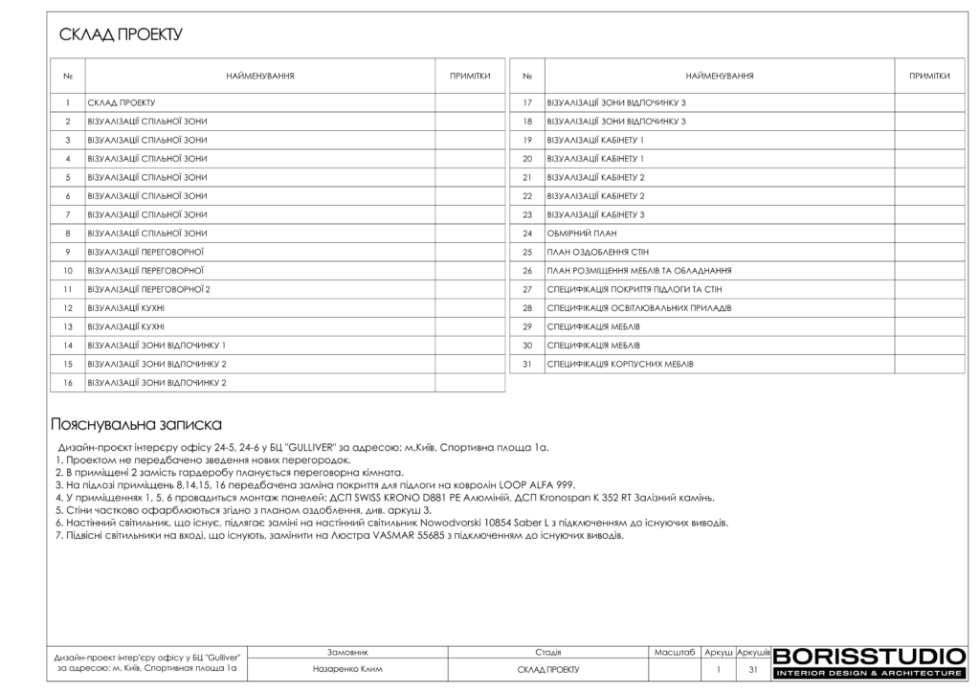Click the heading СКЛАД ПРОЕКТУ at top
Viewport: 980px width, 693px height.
pos(121,35)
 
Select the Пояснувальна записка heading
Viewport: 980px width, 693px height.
pos(136,424)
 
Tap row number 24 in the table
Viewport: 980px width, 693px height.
pos(526,234)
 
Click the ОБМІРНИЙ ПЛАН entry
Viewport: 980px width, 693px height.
pos(582,234)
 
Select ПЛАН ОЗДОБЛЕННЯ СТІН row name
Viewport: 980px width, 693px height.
pos(598,252)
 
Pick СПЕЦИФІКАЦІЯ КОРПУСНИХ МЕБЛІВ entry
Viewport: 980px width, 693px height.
pos(620,365)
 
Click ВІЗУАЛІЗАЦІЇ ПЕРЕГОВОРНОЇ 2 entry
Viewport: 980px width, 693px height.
pos(148,289)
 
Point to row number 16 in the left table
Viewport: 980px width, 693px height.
pos(68,383)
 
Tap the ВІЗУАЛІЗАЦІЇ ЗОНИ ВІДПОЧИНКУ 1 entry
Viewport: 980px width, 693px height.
pos(156,346)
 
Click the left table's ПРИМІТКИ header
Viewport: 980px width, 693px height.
pos(470,76)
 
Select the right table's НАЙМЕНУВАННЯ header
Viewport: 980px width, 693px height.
pos(719,76)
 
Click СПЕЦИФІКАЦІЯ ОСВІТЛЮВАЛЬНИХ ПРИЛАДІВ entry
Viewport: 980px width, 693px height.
pos(638,308)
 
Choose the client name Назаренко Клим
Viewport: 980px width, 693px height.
pos(347,670)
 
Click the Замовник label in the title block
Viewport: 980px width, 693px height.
pos(347,652)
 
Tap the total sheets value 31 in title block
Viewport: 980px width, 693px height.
pos(753,670)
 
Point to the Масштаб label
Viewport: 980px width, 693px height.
pos(674,652)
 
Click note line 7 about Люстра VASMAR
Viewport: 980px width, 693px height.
pos(340,535)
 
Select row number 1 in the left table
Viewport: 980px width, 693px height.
pos(68,102)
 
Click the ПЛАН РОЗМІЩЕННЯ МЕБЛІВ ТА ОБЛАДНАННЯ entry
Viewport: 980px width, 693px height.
pos(639,271)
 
